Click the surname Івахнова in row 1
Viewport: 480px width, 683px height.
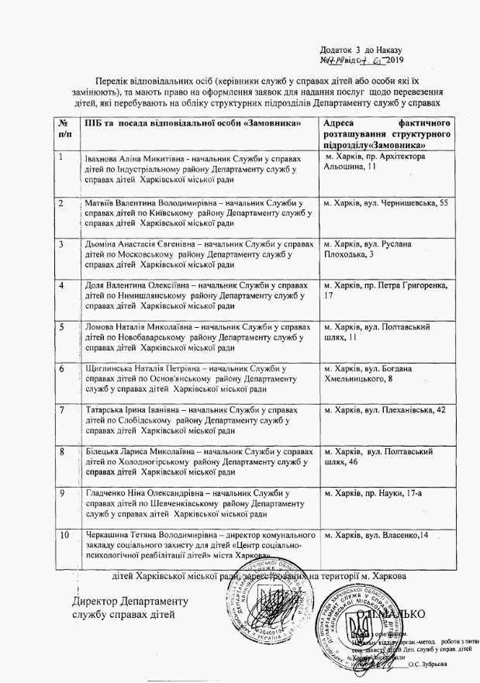coord(103,158)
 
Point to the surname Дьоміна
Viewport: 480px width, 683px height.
coord(104,244)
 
